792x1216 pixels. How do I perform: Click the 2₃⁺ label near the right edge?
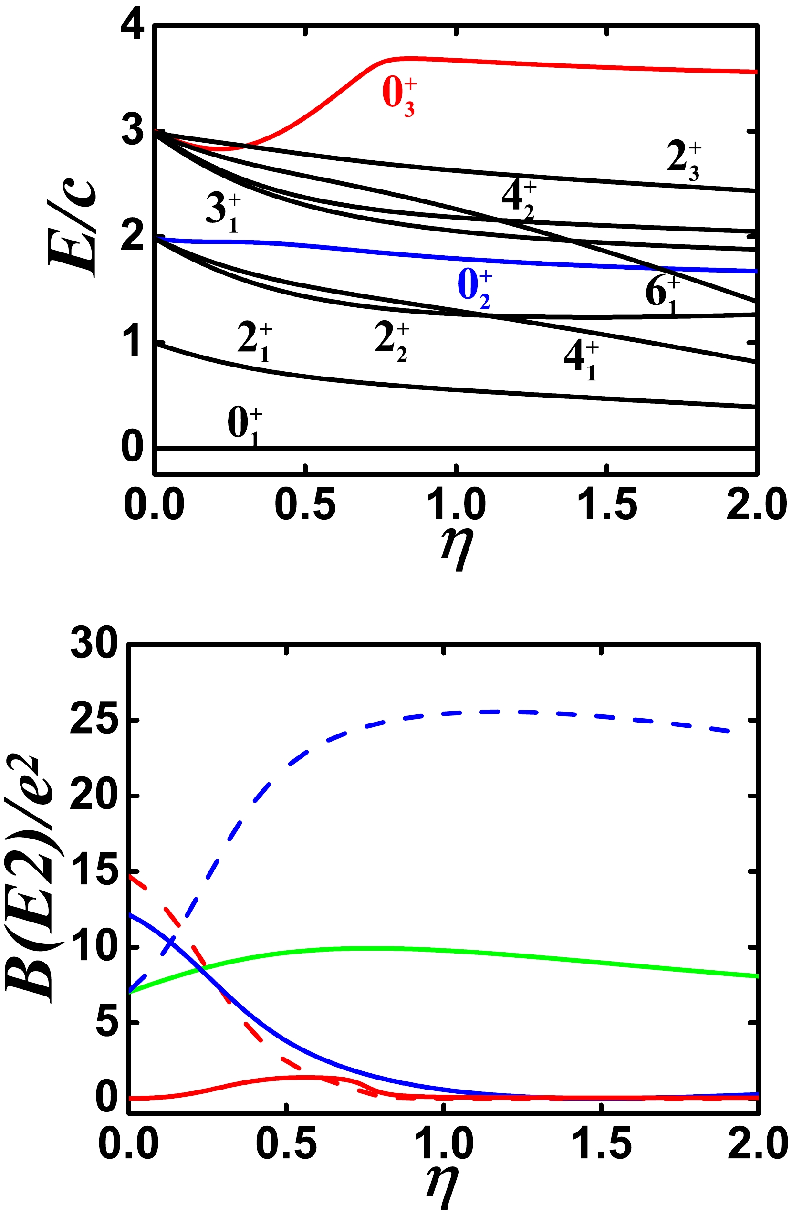click(x=684, y=161)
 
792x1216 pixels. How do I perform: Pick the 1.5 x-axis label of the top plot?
click(x=606, y=505)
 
